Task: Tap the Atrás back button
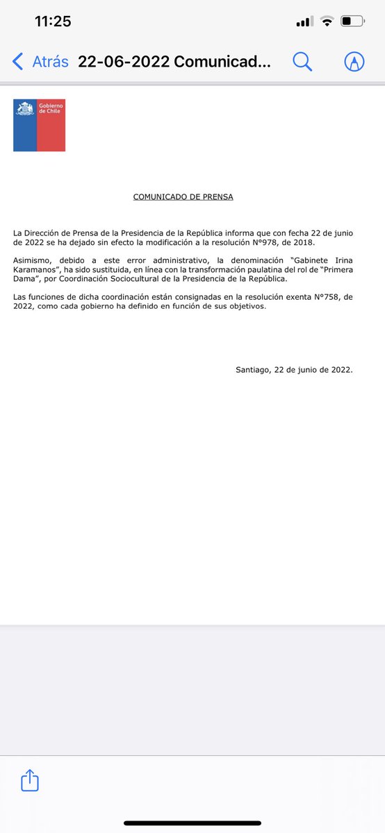[x=41, y=62]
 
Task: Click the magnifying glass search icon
[x=302, y=62]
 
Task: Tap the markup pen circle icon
[x=354, y=62]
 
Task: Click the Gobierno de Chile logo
[x=39, y=125]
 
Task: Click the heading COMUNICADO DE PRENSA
[x=183, y=197]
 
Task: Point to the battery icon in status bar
[x=353, y=22]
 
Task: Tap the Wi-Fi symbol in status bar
[x=327, y=22]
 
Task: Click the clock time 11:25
[x=53, y=22]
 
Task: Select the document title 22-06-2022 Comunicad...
[x=174, y=62]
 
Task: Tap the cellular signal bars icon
[x=304, y=22]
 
